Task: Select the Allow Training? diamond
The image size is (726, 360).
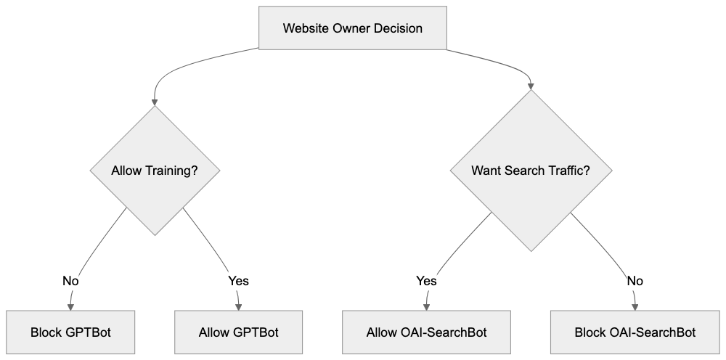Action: point(155,171)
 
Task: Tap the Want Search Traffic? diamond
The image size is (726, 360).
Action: point(530,171)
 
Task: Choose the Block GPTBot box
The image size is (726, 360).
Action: point(71,333)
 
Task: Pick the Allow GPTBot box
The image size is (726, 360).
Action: point(238,333)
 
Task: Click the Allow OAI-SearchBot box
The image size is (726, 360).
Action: point(425,333)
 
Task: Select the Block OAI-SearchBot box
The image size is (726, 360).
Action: point(635,333)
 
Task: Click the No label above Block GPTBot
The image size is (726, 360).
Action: point(71,280)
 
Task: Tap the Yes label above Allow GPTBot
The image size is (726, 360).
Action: point(238,280)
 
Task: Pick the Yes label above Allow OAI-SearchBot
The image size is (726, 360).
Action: point(425,280)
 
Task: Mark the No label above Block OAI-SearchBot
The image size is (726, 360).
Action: point(635,280)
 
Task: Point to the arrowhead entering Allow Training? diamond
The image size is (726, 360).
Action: point(155,102)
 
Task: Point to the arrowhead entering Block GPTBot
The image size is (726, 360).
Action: point(71,306)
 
